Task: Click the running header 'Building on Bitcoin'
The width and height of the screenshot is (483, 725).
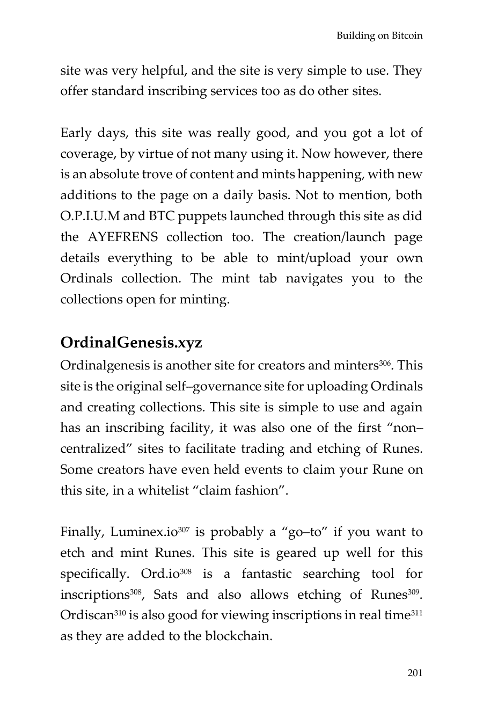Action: click(x=379, y=36)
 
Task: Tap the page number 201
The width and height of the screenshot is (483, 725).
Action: click(x=415, y=673)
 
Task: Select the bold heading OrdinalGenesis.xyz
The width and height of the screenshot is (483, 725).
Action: click(x=131, y=342)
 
